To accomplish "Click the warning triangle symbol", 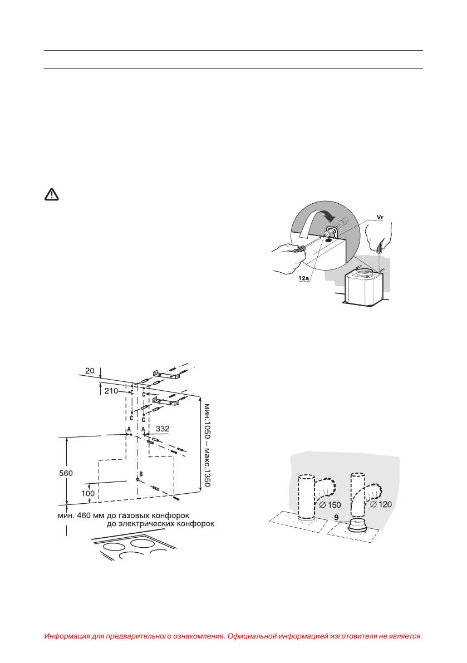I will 51,194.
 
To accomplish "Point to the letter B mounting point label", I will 141,474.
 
